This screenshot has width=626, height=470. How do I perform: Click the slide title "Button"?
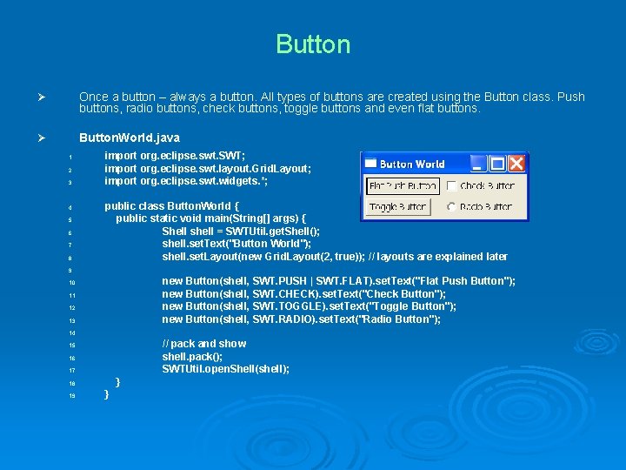(313, 44)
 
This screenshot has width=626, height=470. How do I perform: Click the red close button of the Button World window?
(517, 164)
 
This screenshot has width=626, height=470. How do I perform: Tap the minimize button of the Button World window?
(478, 164)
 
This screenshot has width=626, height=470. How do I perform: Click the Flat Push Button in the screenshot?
(403, 186)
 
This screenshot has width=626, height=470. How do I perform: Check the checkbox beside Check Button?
(451, 186)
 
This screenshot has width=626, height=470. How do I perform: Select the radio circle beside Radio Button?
(451, 207)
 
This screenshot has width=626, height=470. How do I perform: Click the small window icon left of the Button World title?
(370, 164)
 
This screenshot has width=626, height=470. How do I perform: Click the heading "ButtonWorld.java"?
(130, 138)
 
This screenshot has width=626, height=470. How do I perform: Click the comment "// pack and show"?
(204, 344)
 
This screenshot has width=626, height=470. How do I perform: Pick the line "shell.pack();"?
(192, 357)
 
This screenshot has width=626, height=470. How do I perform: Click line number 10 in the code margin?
(73, 283)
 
